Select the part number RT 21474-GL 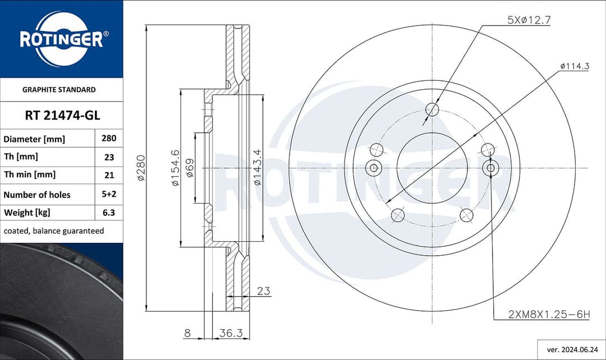(62, 116)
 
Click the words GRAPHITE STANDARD (59, 89)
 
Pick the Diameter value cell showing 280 (109, 139)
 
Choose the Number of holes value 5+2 (109, 195)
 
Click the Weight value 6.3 (109, 213)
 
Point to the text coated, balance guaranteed (54, 230)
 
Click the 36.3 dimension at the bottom (230, 333)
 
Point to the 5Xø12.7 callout (529, 20)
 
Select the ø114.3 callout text (574, 66)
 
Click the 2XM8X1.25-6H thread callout (549, 315)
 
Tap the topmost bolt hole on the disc (432, 109)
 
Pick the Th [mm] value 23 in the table (109, 157)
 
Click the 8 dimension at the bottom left (187, 333)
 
